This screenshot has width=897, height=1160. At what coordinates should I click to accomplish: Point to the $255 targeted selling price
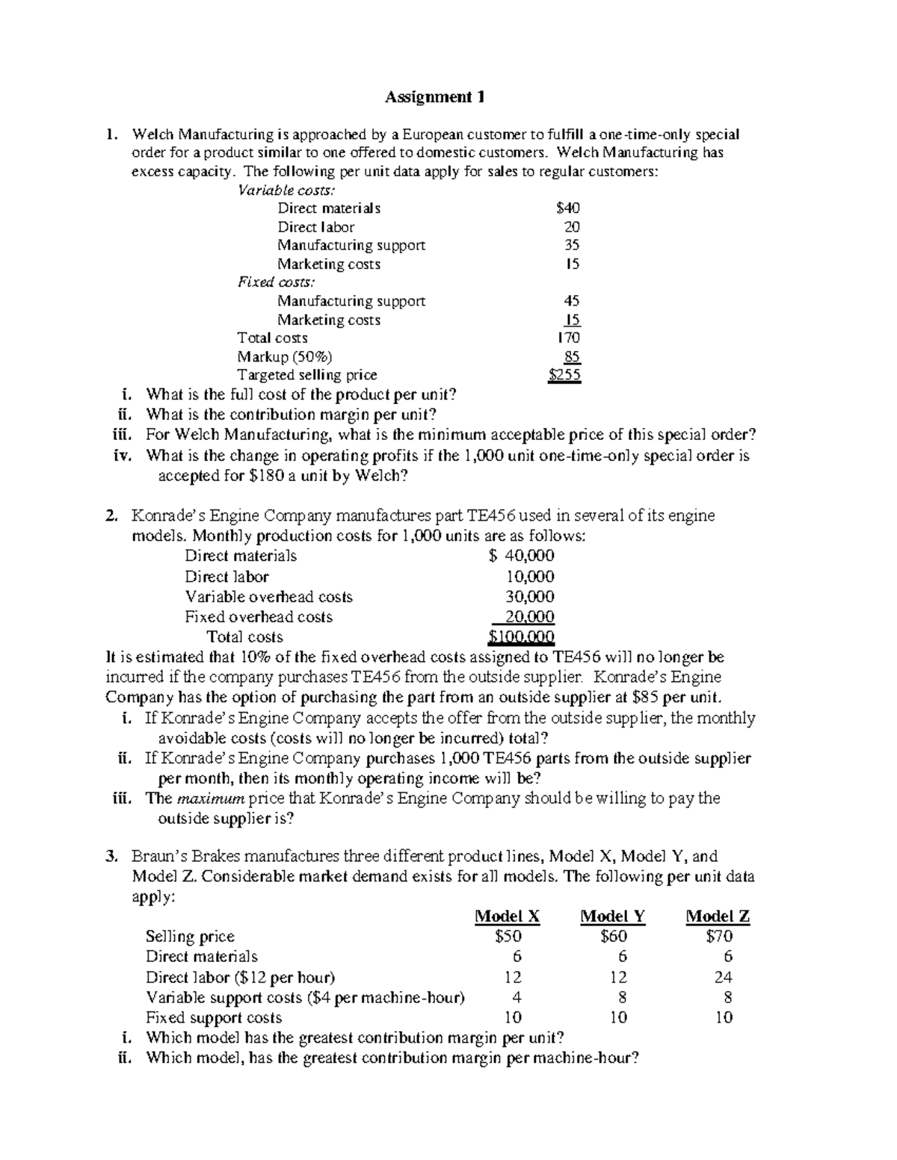click(564, 375)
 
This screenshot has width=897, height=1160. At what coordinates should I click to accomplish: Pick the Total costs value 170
click(569, 338)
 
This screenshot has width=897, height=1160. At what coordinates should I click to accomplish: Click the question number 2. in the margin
click(111, 515)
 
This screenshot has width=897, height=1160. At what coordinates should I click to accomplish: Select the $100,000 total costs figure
click(521, 637)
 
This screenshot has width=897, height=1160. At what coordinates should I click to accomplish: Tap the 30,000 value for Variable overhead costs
click(530, 597)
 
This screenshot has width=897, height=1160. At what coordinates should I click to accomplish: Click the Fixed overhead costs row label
click(259, 617)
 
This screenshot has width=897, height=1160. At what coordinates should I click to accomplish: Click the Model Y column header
click(613, 916)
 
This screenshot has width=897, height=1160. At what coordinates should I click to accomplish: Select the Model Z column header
click(718, 916)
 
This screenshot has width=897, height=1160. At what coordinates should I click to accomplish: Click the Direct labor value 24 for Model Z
click(723, 977)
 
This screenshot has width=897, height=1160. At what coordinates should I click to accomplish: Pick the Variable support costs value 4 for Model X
click(516, 997)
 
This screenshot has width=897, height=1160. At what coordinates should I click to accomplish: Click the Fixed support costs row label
click(214, 1017)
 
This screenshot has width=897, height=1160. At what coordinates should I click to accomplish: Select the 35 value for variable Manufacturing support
click(572, 245)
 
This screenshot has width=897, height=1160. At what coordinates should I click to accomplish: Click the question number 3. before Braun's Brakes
click(111, 856)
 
